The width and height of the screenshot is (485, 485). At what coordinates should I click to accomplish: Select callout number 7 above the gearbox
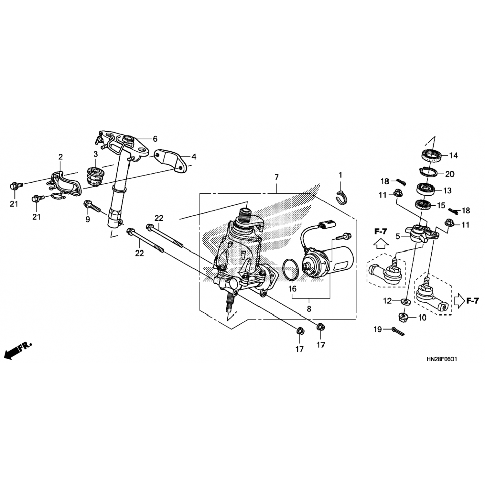click(x=276, y=177)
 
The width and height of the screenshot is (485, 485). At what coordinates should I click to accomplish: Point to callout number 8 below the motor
click(x=309, y=308)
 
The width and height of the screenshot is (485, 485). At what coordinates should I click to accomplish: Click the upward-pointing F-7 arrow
click(x=381, y=243)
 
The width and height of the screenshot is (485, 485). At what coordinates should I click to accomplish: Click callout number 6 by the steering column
click(x=155, y=139)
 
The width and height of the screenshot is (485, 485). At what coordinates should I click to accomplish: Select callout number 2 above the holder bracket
click(x=60, y=157)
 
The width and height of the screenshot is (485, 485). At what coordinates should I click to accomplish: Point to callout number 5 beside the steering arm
click(x=398, y=236)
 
